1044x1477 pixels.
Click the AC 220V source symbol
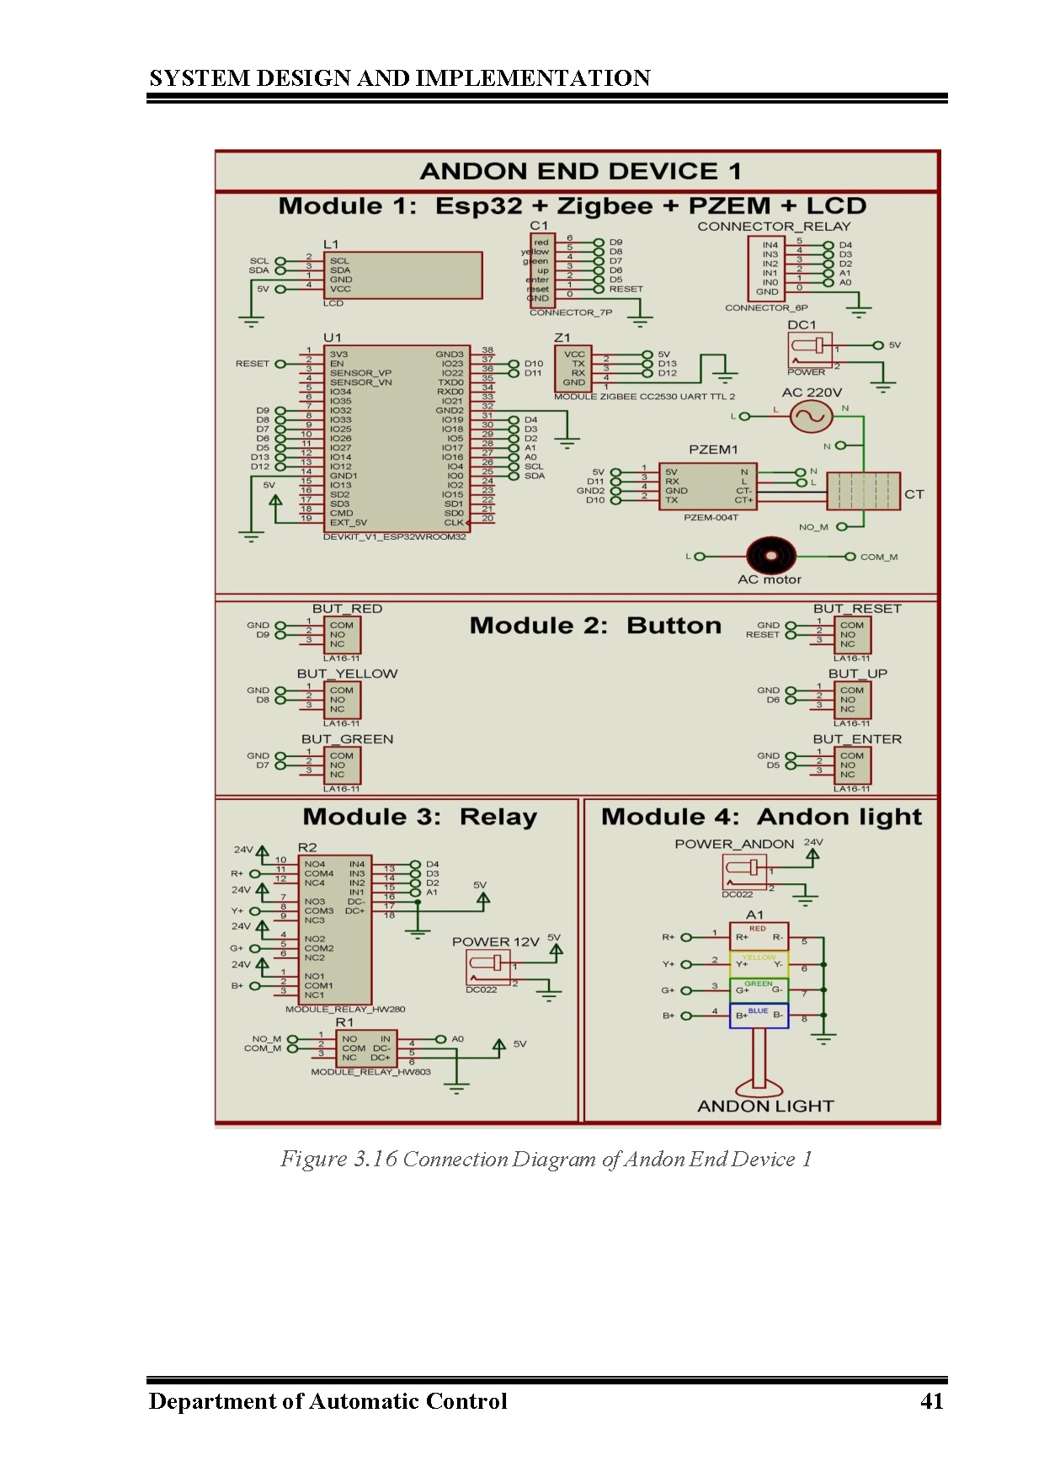812,415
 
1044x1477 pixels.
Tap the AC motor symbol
770,556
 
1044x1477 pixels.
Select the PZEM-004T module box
708,486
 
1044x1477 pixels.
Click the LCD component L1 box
403,275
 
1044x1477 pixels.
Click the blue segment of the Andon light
759,1016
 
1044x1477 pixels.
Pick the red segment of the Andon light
759,935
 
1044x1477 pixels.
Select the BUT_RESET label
857,609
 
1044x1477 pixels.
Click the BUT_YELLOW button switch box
344,700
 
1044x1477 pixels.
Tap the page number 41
931,1401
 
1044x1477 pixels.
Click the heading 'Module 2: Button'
595,626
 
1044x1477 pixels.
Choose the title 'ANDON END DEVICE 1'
580,172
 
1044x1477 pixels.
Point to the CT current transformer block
863,491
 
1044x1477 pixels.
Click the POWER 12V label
495,941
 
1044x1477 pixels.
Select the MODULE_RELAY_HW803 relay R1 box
365,1048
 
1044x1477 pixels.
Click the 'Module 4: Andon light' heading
761,817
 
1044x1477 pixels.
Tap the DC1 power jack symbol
809,349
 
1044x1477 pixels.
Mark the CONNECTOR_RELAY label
774,227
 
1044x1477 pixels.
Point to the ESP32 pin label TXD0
450,382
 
